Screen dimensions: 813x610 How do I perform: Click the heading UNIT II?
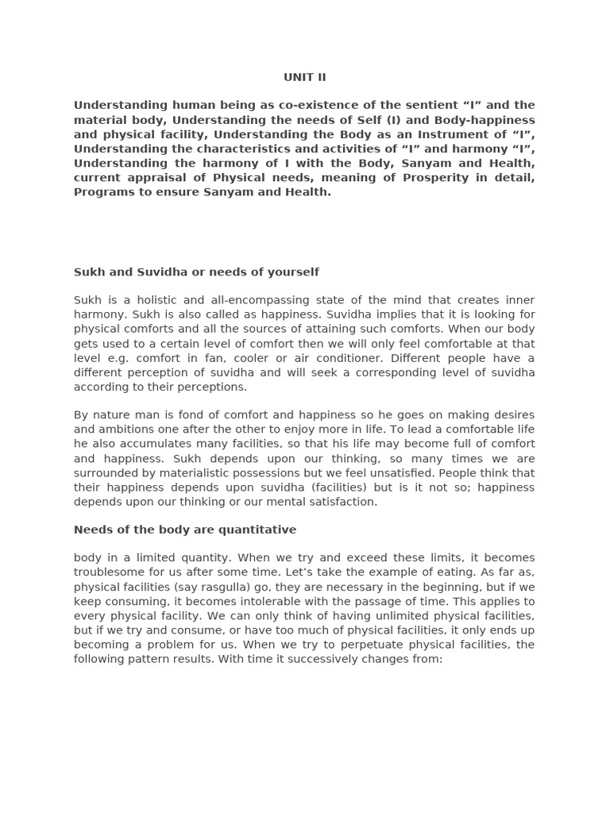tap(305, 77)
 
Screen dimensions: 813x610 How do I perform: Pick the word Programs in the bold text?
tap(102, 192)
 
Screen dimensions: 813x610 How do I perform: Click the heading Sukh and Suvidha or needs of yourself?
tap(196, 272)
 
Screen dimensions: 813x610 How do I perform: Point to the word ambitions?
tap(126, 430)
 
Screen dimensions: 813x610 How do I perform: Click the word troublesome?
tap(111, 572)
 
